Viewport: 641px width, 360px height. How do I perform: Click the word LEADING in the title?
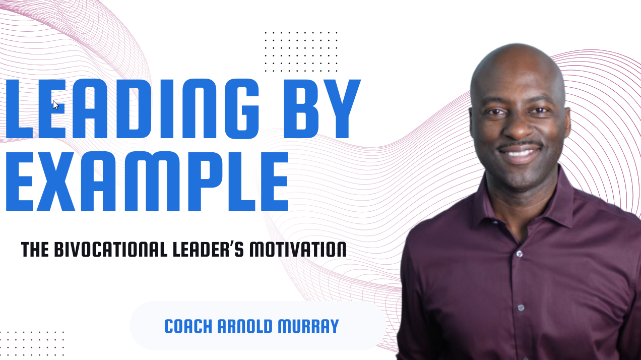[x=132, y=109]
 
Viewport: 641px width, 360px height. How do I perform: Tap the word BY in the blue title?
[x=322, y=109]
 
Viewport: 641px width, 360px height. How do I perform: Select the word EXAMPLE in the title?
[x=147, y=182]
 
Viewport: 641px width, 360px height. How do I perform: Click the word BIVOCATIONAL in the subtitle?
[x=111, y=249]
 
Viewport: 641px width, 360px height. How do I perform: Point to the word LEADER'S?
[x=209, y=249]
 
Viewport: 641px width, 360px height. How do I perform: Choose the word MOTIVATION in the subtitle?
[x=298, y=249]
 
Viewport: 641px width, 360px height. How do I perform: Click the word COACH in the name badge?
[x=188, y=326]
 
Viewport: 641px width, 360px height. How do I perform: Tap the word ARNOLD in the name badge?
[x=245, y=326]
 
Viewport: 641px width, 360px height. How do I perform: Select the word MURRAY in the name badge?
[x=308, y=326]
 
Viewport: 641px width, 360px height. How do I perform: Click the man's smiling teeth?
[x=520, y=153]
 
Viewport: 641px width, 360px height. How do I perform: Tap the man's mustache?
[x=520, y=145]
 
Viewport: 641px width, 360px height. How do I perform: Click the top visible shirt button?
[x=519, y=254]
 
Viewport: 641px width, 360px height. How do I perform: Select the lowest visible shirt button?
[x=521, y=308]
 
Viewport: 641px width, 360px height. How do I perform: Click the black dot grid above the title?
[x=301, y=52]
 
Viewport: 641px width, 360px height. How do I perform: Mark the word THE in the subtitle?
[x=35, y=249]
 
